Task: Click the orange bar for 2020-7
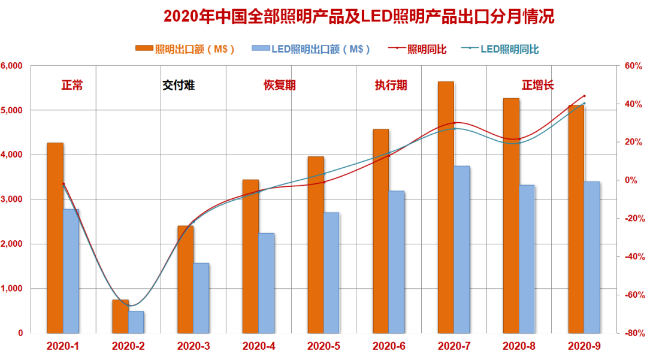tap(446, 207)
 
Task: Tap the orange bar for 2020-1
tap(55, 237)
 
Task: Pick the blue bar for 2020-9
tap(592, 257)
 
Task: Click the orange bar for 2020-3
tap(185, 279)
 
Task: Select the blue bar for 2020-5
tap(331, 273)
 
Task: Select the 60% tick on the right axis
tap(633, 66)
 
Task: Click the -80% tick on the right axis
tap(632, 333)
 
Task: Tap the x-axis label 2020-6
tap(389, 346)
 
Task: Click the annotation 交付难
tap(178, 85)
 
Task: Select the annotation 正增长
tap(537, 85)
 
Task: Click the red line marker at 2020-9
tap(584, 96)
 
